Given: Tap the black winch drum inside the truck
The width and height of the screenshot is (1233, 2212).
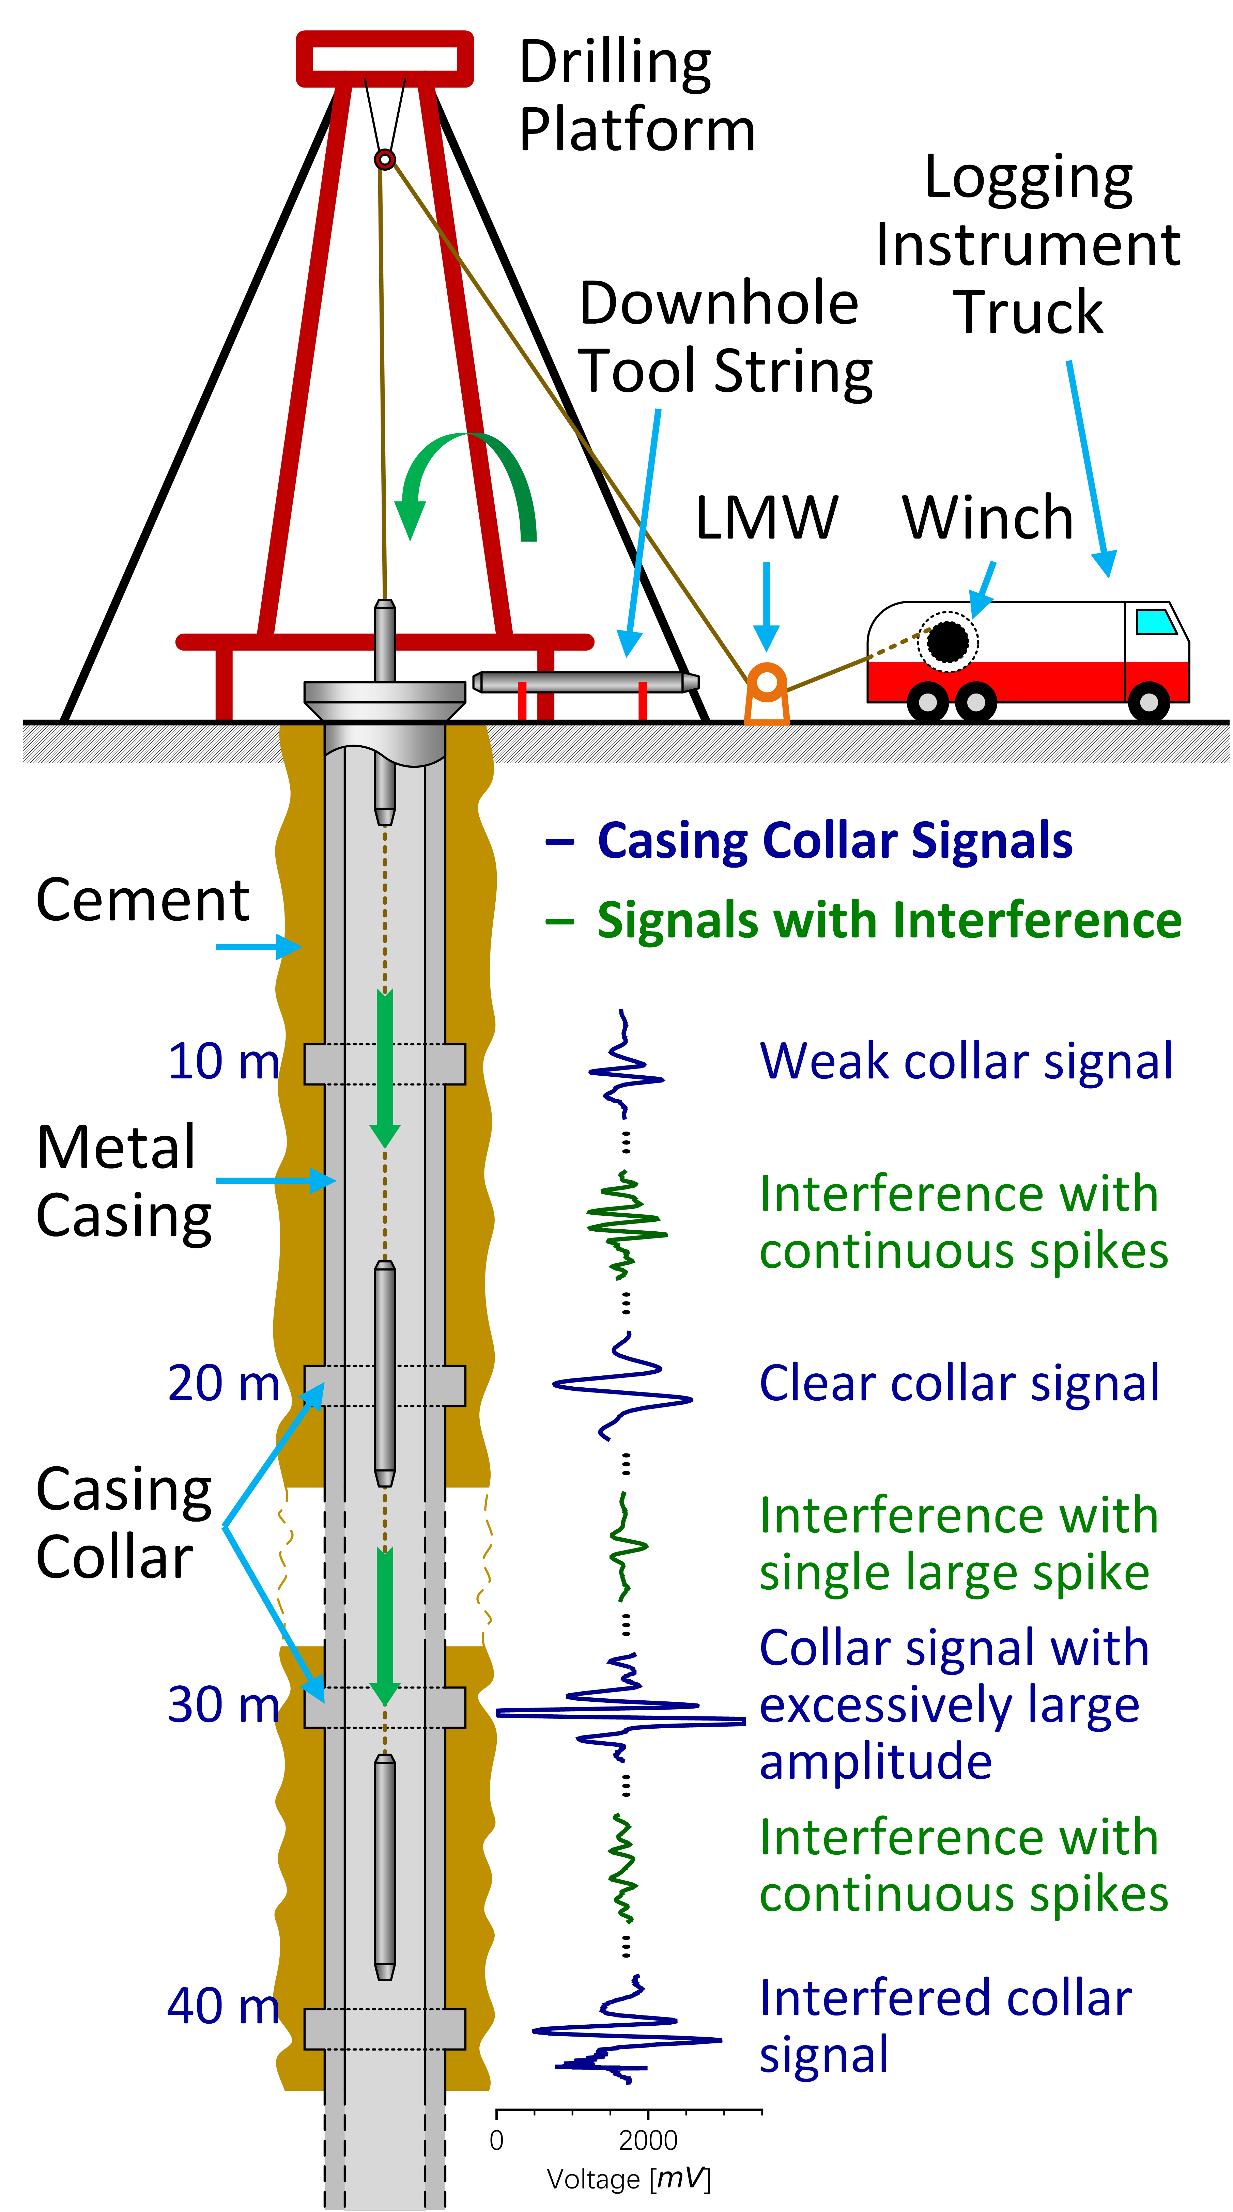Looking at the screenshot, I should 947,641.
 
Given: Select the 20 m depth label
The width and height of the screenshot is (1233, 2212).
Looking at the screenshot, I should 223,1383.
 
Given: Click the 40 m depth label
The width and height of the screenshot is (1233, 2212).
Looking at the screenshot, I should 223,2007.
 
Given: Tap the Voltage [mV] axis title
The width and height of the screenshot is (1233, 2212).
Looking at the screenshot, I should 629,2179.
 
